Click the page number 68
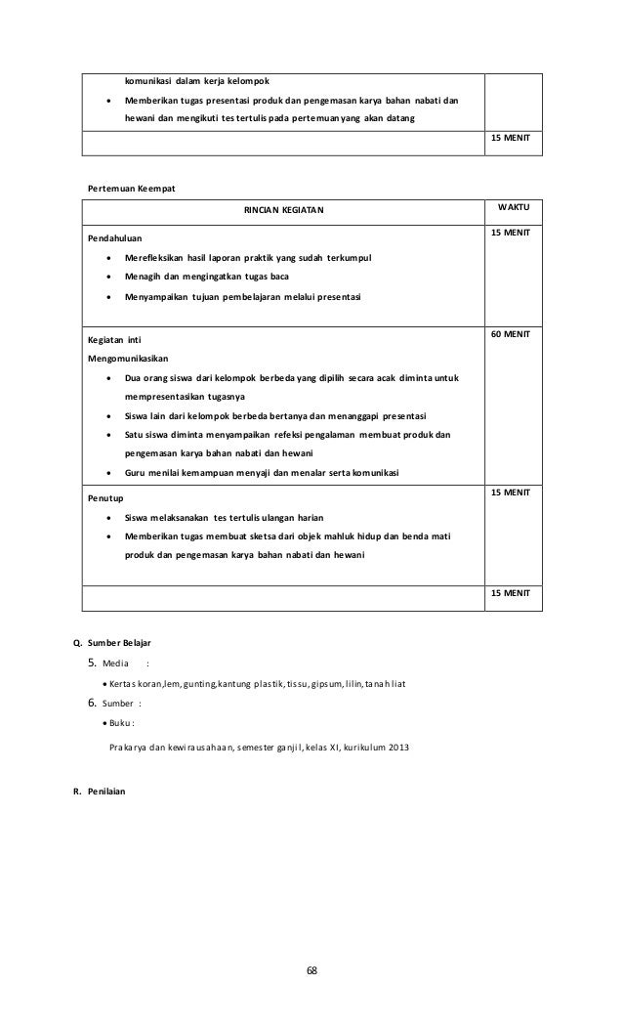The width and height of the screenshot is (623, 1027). click(311, 971)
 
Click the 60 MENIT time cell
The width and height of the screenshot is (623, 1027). click(511, 334)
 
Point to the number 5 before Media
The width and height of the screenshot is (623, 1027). click(92, 663)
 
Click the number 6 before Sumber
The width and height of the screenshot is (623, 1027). click(92, 703)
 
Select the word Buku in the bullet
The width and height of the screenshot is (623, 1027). click(119, 723)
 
